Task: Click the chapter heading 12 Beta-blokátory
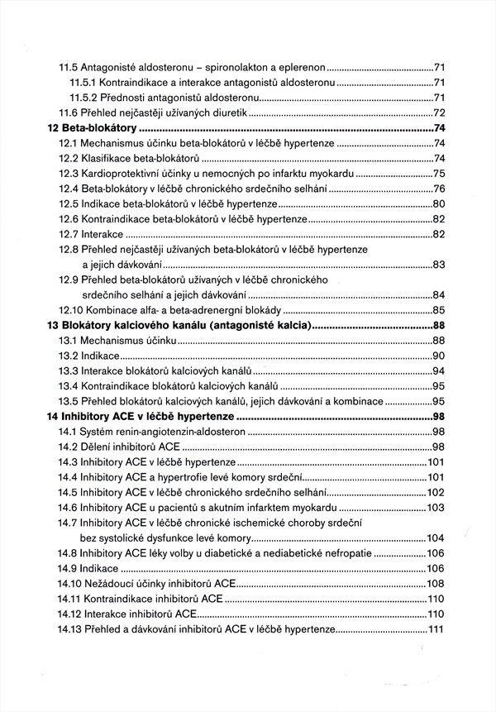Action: (x=91, y=128)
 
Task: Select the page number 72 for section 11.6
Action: (x=440, y=112)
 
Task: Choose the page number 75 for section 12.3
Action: (x=440, y=174)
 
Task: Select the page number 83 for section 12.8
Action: (x=440, y=265)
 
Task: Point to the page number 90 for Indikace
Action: (x=440, y=356)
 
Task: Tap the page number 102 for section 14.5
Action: (x=437, y=492)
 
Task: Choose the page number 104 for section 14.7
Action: (x=437, y=538)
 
